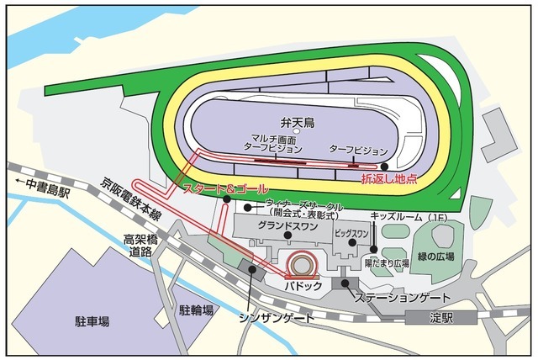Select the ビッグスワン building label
pos(352,232)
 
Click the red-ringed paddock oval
pos(302,265)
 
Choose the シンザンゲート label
pos(277,317)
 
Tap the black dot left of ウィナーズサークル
pos(249,205)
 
